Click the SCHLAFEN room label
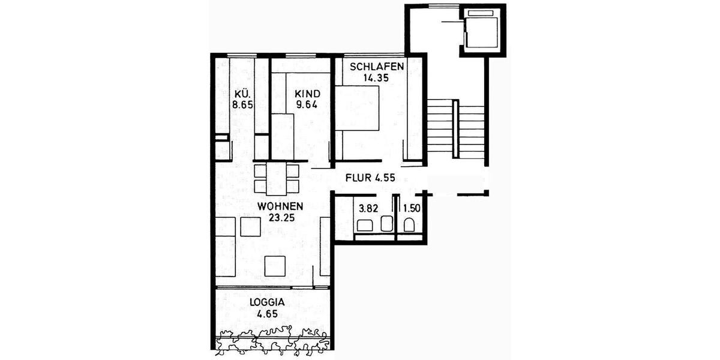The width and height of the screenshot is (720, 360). coord(377,66)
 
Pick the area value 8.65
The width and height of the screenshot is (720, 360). coord(242,104)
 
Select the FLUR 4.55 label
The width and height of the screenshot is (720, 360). coord(370,178)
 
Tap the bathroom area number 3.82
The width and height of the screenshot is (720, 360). coord(368,209)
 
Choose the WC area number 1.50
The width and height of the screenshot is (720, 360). coord(412,209)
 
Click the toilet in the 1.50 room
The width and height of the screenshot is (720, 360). coord(410,226)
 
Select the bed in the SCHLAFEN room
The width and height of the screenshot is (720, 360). coord(356,108)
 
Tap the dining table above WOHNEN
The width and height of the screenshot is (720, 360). coord(277,178)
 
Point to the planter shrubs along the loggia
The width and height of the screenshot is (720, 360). coord(273,338)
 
